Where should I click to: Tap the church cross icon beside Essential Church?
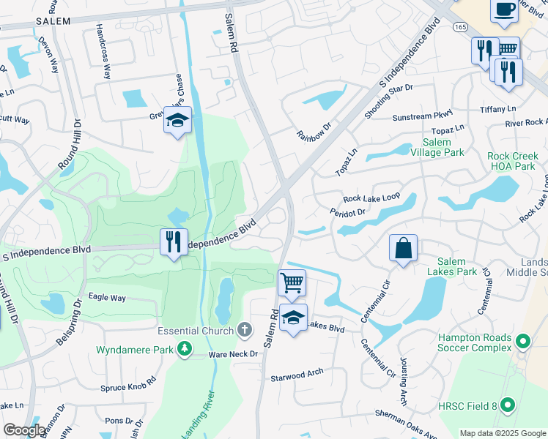coord(245,330)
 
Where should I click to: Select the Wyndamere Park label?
coord(135,350)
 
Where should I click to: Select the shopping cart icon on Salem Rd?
coord(292,282)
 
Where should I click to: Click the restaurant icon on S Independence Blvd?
coord(174,241)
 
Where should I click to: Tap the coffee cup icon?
coord(504,9)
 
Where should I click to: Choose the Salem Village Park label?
coord(443,147)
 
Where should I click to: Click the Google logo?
coord(24,429)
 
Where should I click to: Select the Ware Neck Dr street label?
coord(234,354)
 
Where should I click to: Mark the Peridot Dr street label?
coord(347,212)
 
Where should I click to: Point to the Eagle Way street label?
coord(107,298)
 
